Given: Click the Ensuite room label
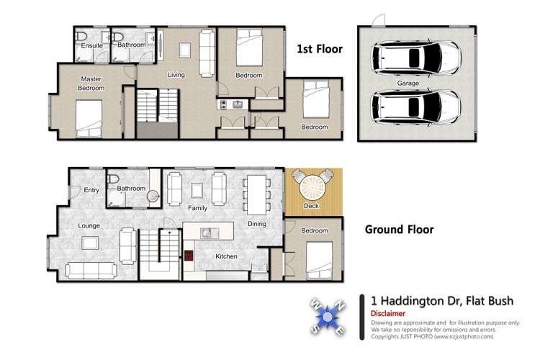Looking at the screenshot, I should (91, 45).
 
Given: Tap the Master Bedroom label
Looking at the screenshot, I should (91, 84).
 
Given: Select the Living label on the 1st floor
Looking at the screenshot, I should (176, 75).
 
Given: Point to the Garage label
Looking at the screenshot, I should (408, 84).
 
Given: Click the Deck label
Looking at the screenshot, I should (311, 206).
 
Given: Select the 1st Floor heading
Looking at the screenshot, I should (320, 49).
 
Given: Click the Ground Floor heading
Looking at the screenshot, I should (399, 230).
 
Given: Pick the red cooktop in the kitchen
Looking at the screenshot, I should (189, 256).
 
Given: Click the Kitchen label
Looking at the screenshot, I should (227, 256).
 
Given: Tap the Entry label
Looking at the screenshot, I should (91, 190).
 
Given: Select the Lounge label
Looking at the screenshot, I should (89, 225).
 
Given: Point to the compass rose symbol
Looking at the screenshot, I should (329, 316).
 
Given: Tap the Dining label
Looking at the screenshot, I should (256, 224).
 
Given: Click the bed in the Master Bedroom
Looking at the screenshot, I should (90, 117).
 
